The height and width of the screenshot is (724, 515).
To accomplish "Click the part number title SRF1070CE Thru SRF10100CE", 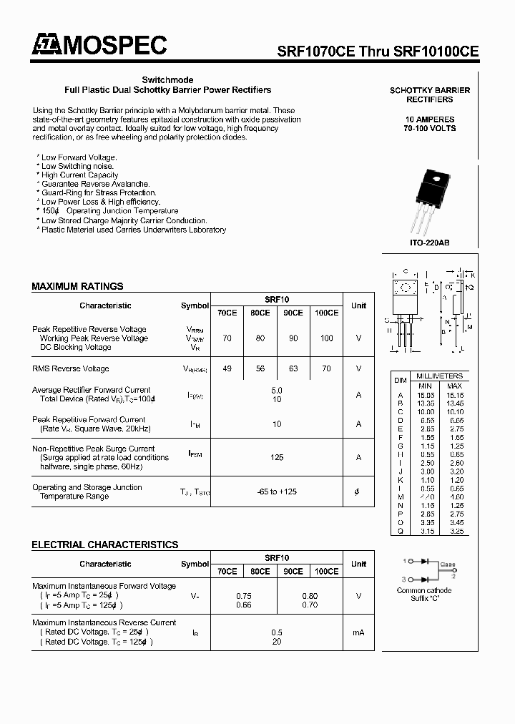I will coord(378,52).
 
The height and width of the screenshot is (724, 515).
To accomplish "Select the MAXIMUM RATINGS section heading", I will coord(77,286).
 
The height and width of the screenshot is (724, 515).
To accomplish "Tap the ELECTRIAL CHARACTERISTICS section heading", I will coord(104,544).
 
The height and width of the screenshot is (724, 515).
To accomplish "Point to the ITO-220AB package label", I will coord(429,243).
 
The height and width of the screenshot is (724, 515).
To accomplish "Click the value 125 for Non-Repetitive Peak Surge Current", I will coord(277,457).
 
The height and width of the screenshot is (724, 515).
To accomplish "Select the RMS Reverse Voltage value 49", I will coord(227,369).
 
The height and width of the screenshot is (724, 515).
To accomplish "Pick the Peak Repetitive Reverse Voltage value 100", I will coord(326,338).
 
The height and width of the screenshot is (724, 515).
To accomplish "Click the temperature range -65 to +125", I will coord(277,492).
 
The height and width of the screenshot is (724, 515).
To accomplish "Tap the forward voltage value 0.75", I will coord(243,595).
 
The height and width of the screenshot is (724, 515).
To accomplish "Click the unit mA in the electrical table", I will coord(358,632).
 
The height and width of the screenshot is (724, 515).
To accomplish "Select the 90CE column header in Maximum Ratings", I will coord(293,313).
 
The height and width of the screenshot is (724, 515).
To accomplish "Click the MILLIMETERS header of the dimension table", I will coord(441,376).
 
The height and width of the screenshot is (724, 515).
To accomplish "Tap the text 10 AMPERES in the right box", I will coord(429,119).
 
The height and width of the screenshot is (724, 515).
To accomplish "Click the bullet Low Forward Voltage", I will coord(78,157).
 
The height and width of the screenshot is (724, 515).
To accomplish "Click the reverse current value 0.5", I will coord(277,632).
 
